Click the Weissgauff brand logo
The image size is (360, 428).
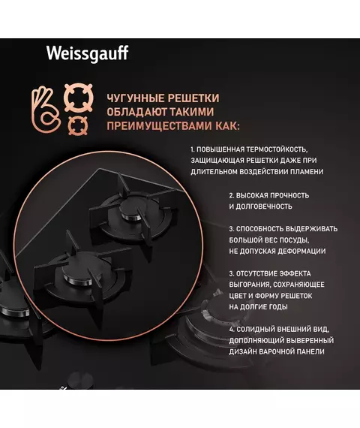(87, 54)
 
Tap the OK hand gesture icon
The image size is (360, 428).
(46, 110)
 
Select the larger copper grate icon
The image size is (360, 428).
(79, 98)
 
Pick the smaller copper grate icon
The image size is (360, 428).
(78, 125)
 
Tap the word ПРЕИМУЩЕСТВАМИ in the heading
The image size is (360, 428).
(160, 126)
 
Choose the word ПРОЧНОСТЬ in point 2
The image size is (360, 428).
(290, 195)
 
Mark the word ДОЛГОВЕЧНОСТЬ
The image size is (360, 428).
(264, 206)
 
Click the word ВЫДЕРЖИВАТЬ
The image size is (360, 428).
(309, 229)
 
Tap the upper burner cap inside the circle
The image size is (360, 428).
(133, 209)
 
